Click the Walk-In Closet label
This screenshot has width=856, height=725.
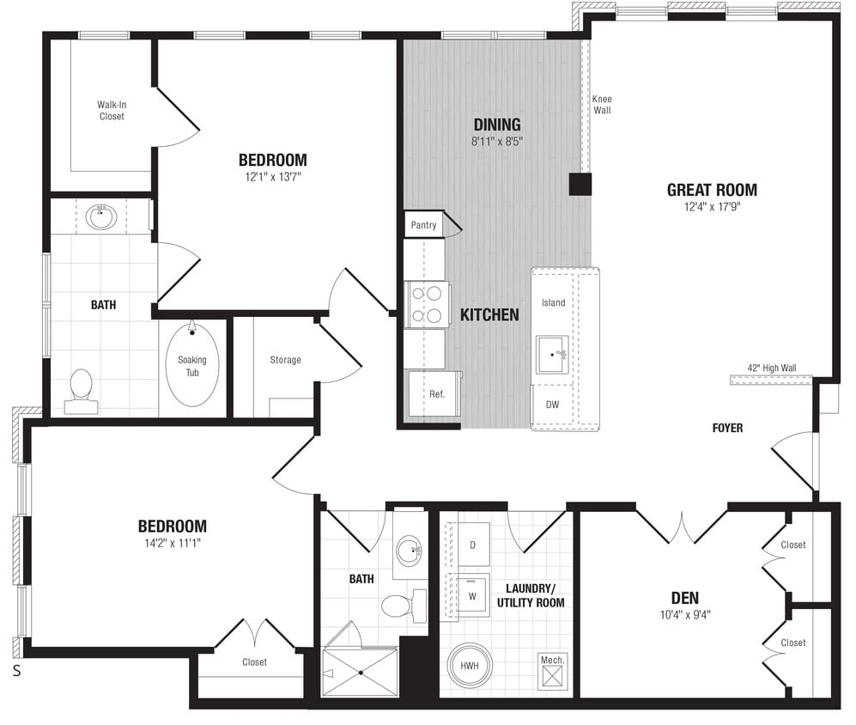(111, 111)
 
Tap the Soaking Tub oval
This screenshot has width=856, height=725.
(191, 364)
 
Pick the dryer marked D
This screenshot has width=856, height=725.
(471, 545)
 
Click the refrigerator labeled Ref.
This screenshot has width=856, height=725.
(436, 395)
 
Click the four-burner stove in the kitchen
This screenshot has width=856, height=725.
(428, 303)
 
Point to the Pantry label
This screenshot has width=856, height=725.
(423, 225)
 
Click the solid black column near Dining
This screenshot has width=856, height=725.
(580, 185)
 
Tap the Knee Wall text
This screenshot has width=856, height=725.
(602, 105)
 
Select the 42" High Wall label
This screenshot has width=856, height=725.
(771, 368)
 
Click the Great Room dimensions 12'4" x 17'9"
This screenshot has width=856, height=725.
(712, 207)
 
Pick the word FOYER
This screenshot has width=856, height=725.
(727, 428)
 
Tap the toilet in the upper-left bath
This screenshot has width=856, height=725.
(82, 387)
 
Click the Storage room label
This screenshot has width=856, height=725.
(285, 360)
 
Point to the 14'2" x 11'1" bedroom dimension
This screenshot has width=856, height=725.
(173, 543)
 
